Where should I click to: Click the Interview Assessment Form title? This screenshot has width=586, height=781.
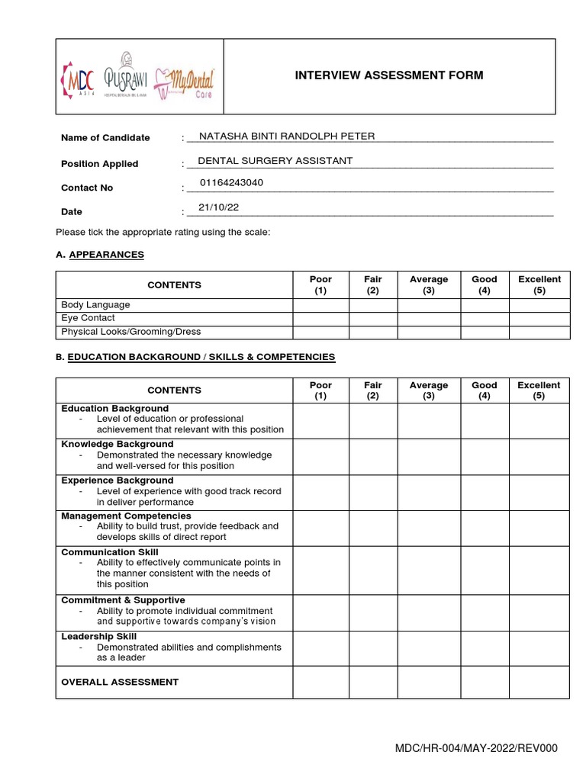pyautogui.click(x=389, y=75)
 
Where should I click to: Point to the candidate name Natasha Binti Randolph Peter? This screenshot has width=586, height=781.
pyautogui.click(x=286, y=137)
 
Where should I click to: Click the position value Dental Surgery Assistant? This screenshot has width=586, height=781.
pyautogui.click(x=275, y=161)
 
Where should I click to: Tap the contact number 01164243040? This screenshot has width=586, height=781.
pyautogui.click(x=232, y=183)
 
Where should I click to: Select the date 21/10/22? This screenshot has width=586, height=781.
pyautogui.click(x=214, y=207)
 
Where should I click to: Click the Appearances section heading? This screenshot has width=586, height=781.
pyautogui.click(x=106, y=255)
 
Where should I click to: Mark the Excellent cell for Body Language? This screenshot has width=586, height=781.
pyautogui.click(x=539, y=305)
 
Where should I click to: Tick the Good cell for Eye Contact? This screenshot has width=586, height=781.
pyautogui.click(x=485, y=318)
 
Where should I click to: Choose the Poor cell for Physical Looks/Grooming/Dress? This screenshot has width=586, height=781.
pyautogui.click(x=320, y=332)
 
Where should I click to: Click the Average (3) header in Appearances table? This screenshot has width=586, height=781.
pyautogui.click(x=429, y=285)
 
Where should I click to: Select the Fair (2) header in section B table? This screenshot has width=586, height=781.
pyautogui.click(x=372, y=390)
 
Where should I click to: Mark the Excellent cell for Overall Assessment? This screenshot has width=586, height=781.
pyautogui.click(x=539, y=683)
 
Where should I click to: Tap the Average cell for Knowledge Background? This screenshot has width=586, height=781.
pyautogui.click(x=429, y=456)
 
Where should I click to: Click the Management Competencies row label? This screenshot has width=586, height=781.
pyautogui.click(x=126, y=516)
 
